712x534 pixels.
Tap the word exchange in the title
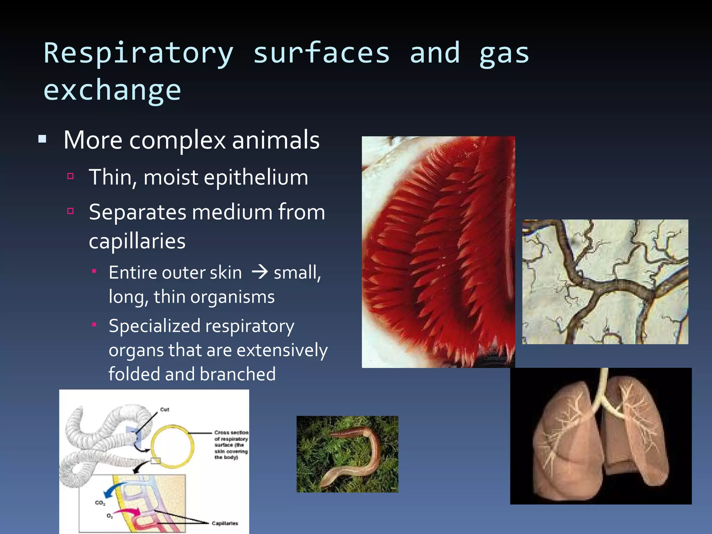tap(112, 90)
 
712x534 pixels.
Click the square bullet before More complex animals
tap(42, 140)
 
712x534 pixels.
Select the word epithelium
tap(256, 177)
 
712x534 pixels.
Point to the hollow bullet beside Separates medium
tap(71, 211)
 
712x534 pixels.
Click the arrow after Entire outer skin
tap(259, 272)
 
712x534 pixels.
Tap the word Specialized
tap(154, 326)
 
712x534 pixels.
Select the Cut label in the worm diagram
tap(164, 410)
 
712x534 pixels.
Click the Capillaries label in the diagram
tap(225, 523)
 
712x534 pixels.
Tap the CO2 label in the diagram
tap(100, 503)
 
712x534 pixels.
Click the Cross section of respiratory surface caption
tap(231, 445)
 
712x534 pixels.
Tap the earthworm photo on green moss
tap(347, 454)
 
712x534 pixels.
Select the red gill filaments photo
tap(438, 252)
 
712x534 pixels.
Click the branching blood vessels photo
tap(605, 282)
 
